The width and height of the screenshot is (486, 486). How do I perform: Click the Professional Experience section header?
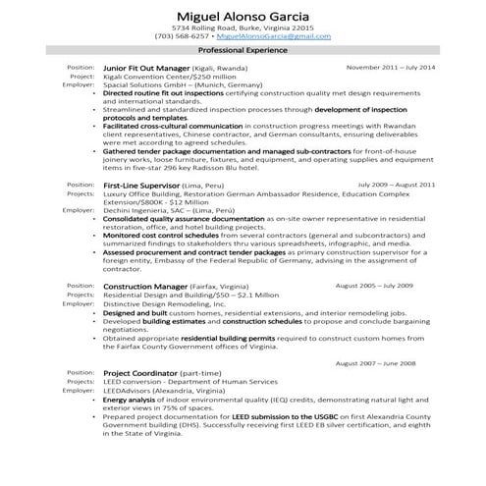coord(243,49)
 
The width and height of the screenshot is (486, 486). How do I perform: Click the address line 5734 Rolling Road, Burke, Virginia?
coord(243,29)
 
